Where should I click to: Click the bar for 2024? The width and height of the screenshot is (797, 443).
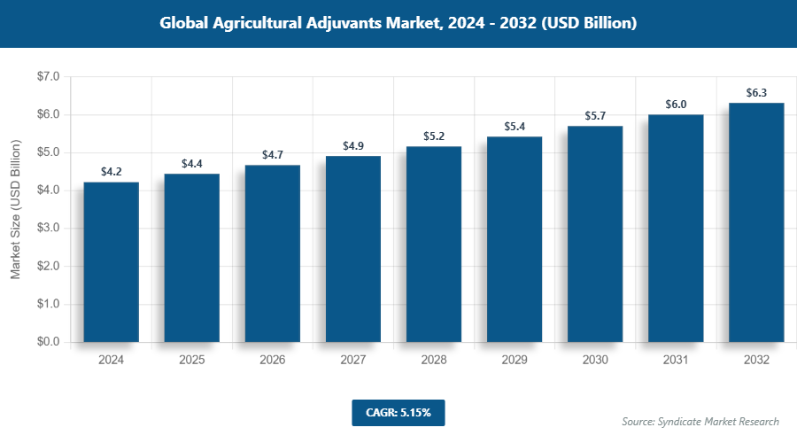click(111, 262)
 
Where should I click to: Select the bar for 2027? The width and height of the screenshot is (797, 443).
click(352, 249)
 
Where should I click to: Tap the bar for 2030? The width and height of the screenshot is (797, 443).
click(595, 234)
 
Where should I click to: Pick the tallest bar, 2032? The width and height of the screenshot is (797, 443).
click(756, 222)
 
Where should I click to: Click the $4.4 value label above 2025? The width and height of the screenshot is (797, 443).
click(191, 164)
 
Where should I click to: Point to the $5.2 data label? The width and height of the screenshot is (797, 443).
click(433, 136)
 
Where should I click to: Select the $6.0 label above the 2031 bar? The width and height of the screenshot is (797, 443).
click(676, 105)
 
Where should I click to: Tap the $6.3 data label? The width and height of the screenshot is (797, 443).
click(756, 93)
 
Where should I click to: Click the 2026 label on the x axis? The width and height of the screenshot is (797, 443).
click(272, 361)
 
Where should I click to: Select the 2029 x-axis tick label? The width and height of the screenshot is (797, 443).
click(515, 361)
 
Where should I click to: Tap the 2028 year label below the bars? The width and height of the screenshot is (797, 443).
click(433, 361)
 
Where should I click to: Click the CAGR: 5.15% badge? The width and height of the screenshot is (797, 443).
click(398, 413)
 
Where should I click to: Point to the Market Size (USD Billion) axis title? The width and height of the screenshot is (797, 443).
click(15, 210)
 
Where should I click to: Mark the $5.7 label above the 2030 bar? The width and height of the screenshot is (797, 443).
click(595, 116)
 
